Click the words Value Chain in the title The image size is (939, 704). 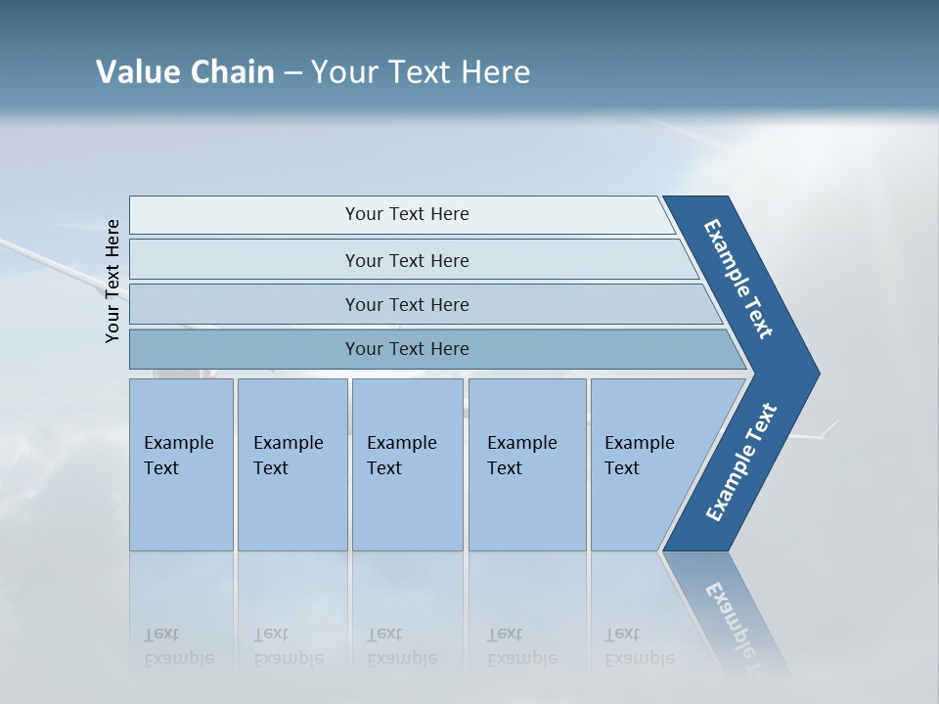coord(185,72)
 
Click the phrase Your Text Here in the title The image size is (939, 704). coord(421,72)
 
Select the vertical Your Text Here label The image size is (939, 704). coord(112,281)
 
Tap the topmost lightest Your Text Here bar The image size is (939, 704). coord(406,214)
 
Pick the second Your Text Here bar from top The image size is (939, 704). coord(406,260)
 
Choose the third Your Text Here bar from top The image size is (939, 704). coord(406,304)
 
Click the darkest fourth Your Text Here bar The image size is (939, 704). coord(406,349)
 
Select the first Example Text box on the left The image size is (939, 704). coord(181,464)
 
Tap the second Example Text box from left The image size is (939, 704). coord(291,464)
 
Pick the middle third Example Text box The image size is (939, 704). coord(406,464)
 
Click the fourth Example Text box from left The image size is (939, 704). coord(526,464)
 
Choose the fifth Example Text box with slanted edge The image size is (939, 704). coord(646,464)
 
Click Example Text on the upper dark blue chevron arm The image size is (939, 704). coord(738,279)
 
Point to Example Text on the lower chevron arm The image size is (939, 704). coord(740,462)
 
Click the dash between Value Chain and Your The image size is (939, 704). coord(292,73)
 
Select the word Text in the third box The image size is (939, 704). coord(384,468)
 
